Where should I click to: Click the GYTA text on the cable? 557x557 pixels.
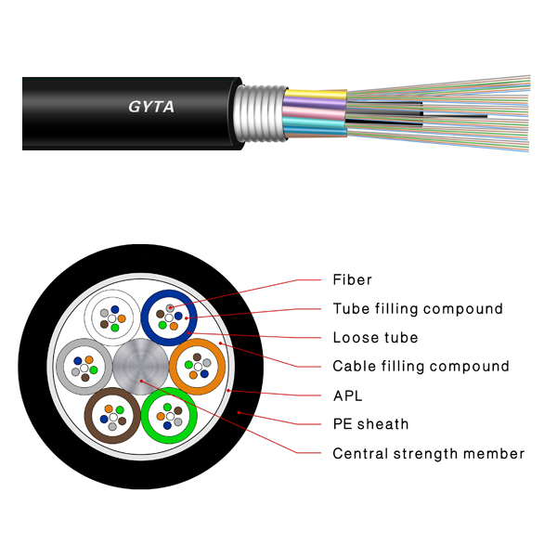150,107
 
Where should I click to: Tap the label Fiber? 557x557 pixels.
352,279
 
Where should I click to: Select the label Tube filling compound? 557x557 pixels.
418,308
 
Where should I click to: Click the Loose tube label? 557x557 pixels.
375,337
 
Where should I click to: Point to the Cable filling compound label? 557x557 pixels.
421,366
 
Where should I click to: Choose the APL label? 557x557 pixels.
347,395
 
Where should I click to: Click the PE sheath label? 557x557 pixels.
370,424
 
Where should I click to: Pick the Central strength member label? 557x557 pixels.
429,453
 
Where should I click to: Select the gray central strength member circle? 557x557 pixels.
140,368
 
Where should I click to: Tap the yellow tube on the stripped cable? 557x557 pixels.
316,93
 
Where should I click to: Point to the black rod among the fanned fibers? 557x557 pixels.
455,115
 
